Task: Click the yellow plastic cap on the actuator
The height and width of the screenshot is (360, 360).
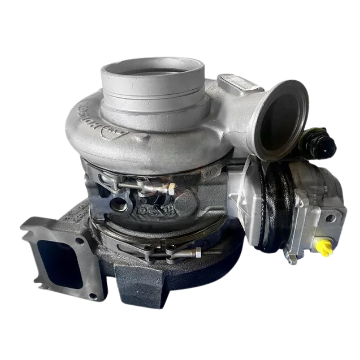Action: coord(326,249)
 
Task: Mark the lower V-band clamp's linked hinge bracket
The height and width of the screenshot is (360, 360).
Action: coord(158,247)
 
